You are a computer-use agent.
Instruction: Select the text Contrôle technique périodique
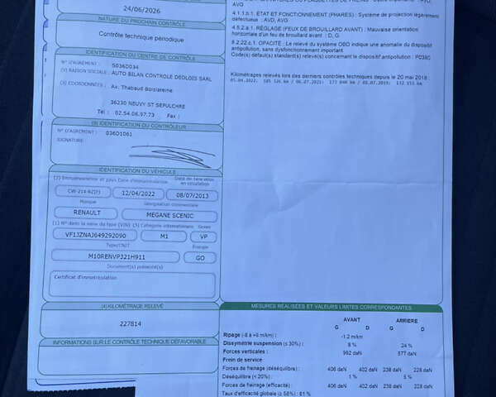[x=136, y=37]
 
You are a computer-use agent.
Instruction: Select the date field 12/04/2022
[x=137, y=194]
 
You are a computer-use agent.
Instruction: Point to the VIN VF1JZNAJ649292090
[x=90, y=235]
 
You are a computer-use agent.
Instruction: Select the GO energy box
[x=200, y=257]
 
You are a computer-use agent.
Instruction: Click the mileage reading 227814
[x=131, y=323]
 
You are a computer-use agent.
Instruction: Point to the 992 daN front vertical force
[x=347, y=352]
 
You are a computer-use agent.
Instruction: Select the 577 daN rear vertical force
[x=407, y=353]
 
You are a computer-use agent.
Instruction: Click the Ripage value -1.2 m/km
[x=351, y=337]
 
